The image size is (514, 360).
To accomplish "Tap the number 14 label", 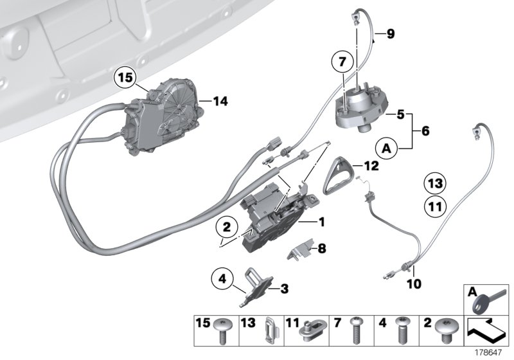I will click(220, 101).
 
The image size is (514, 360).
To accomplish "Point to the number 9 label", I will click(391, 34).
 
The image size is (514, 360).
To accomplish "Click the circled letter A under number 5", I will click(386, 148).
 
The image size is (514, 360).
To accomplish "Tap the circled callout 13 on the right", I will click(436, 184).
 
